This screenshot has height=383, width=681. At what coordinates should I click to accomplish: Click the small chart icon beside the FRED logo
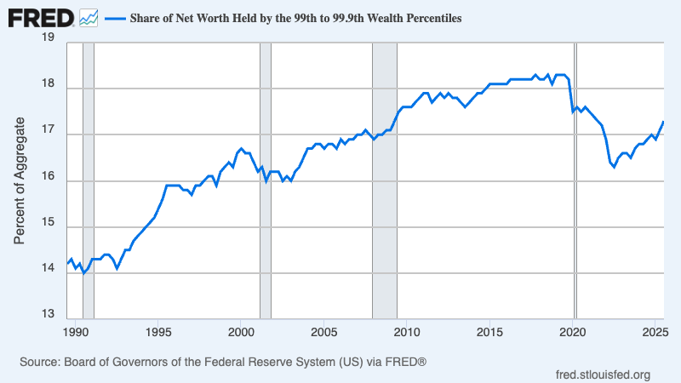tap(89, 17)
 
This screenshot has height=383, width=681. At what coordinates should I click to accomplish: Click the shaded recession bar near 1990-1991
tap(88, 179)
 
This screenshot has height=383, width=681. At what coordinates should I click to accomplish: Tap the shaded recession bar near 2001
tap(265, 179)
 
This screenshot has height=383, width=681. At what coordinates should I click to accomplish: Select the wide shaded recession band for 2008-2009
tap(385, 179)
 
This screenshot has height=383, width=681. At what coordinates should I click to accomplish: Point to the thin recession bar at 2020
tap(575, 179)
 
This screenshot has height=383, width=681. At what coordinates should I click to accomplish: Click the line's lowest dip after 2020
tap(614, 167)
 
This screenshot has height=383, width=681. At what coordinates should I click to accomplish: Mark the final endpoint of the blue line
tap(663, 122)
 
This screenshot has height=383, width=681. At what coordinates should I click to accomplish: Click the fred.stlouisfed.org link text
tap(603, 374)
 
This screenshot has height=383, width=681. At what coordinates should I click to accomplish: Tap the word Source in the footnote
tap(37, 363)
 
